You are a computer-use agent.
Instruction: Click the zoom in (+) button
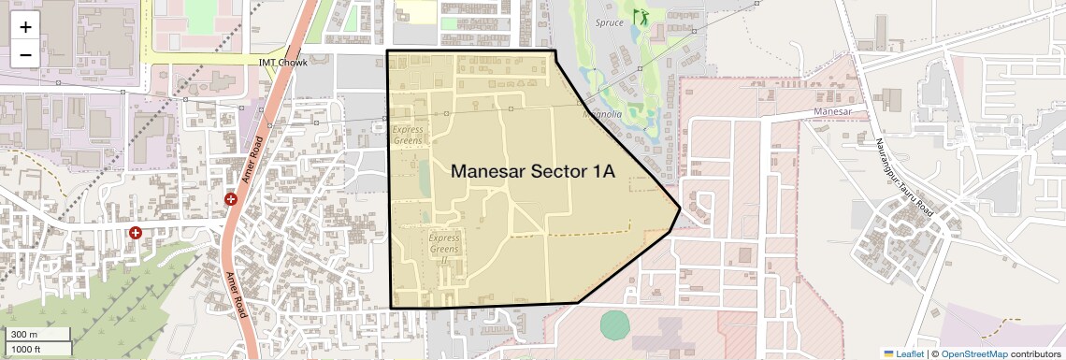(x=25, y=27)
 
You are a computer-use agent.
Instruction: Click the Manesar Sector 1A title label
(x=533, y=172)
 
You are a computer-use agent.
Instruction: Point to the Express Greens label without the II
(x=408, y=135)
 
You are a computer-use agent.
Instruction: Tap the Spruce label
(x=609, y=22)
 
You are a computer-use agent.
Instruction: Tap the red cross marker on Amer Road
(x=231, y=199)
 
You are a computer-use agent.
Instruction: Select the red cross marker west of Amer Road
(x=136, y=231)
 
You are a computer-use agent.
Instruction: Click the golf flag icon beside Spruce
(x=641, y=17)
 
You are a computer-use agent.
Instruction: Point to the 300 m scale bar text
(x=24, y=335)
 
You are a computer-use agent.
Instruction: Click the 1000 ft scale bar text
(x=27, y=349)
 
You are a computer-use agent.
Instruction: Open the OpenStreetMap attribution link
(x=974, y=353)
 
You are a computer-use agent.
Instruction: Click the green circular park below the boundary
(x=614, y=324)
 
